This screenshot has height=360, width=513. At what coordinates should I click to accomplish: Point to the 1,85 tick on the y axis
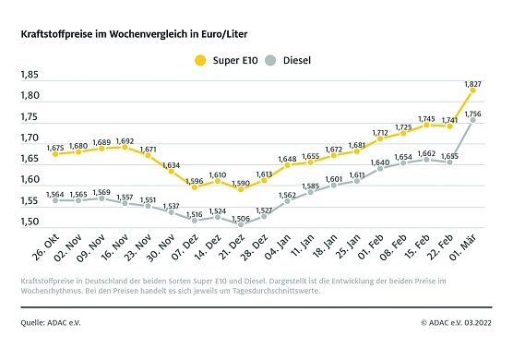[30, 75]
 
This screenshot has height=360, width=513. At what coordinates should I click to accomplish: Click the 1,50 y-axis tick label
[30, 222]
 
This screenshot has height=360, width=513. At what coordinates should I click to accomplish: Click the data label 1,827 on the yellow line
[473, 84]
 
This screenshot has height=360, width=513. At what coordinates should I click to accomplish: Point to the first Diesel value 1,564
[54, 194]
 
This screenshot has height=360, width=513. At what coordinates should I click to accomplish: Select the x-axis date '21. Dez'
[233, 250]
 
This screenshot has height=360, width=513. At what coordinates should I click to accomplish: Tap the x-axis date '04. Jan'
[280, 250]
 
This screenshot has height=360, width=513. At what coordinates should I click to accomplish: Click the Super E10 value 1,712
[380, 132]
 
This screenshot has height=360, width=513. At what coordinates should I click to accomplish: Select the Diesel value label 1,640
[380, 162]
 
